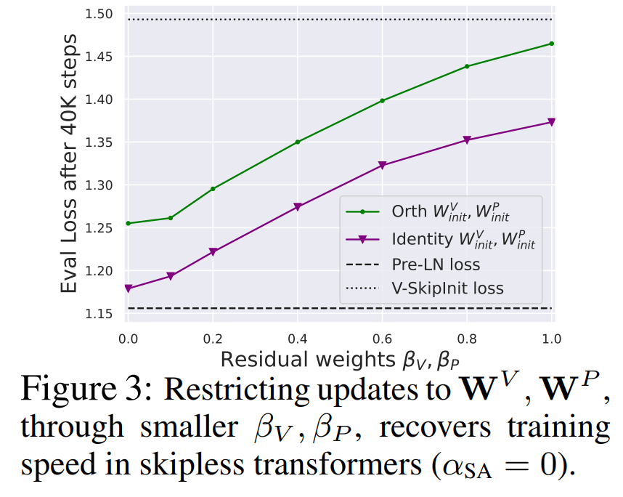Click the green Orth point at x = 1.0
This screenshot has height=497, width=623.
[552, 44]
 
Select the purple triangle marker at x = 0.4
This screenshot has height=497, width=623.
[298, 207]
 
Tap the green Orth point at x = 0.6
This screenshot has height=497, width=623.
[382, 100]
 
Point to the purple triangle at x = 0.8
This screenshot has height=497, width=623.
[467, 140]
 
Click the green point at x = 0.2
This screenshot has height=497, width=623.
[213, 189]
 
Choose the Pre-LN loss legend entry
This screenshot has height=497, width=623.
[436, 264]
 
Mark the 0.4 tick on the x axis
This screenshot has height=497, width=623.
[298, 339]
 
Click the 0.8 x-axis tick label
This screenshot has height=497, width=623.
[467, 339]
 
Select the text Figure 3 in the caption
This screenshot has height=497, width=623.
[84, 390]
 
